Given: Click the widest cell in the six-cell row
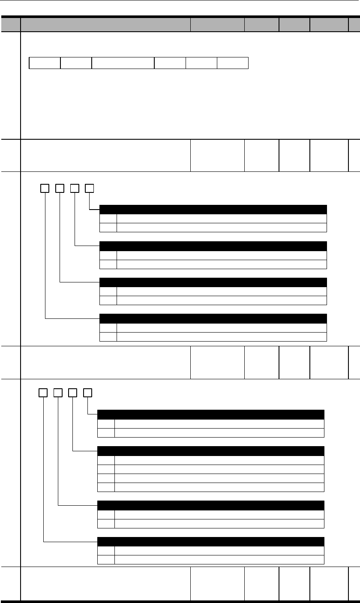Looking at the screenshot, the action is click(123, 63).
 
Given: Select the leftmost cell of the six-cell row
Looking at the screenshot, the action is click(45, 63).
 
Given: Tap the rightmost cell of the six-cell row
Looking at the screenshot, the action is click(233, 63).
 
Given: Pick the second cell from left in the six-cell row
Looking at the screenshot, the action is click(76, 63).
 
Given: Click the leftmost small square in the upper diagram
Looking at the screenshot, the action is click(44, 188).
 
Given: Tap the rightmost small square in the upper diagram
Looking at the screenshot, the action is click(89, 188).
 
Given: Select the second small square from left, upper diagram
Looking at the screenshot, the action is click(59, 188).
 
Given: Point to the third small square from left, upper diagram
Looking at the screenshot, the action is click(74, 188).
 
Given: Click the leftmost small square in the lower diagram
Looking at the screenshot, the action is click(43, 392).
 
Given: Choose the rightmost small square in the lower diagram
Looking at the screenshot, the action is click(87, 392).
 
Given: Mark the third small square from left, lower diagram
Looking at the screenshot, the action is click(72, 392).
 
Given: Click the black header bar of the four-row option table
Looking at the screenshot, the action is click(211, 450).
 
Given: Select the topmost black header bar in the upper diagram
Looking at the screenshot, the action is click(213, 209).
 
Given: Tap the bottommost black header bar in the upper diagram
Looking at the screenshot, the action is click(213, 318).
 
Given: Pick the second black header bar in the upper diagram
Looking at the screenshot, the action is click(213, 246).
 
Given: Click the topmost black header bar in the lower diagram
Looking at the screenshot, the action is click(211, 414).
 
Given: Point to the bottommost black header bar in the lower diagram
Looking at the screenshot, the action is click(211, 541).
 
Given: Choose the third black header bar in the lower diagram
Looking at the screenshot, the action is click(211, 505).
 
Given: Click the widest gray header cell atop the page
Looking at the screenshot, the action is click(105, 24).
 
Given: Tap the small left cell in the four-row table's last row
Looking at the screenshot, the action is click(106, 487).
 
